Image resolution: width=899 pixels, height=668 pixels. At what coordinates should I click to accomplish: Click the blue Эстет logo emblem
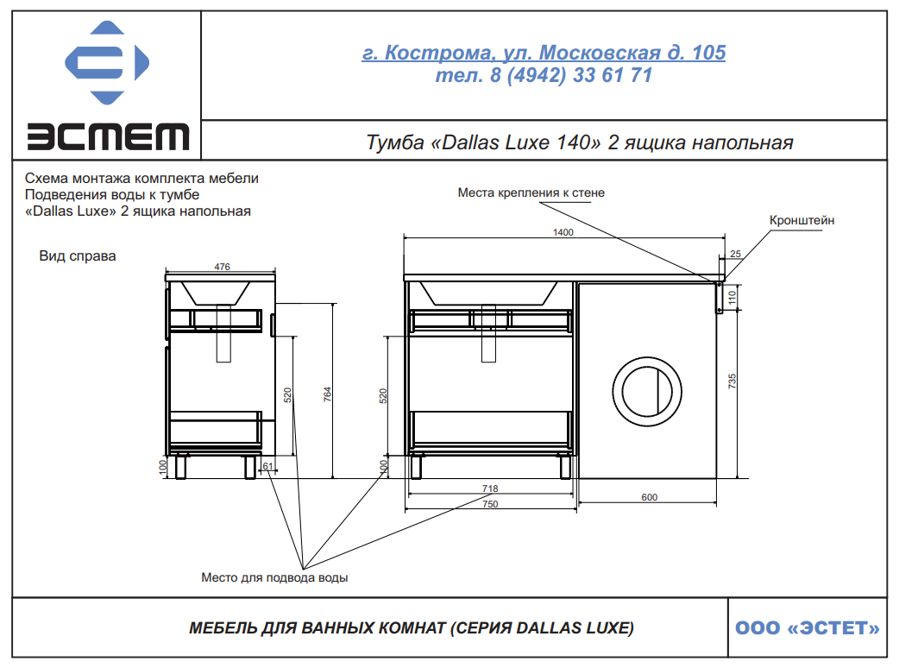[107, 62]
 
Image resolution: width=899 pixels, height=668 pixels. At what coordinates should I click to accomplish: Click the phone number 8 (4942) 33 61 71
[571, 75]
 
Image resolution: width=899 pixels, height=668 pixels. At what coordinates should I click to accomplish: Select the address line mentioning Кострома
[544, 53]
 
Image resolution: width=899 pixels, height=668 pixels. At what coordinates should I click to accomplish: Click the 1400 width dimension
[563, 232]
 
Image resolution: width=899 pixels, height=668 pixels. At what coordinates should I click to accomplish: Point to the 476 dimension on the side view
[222, 267]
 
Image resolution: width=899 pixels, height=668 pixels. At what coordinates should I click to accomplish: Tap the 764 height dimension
[327, 394]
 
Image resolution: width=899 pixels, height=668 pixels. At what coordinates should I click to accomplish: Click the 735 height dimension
[732, 381]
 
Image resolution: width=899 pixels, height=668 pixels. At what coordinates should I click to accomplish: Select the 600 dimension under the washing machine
[649, 497]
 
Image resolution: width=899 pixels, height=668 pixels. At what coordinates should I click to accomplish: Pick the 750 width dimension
[490, 504]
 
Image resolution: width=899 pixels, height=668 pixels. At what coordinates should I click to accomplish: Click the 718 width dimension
[490, 488]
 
